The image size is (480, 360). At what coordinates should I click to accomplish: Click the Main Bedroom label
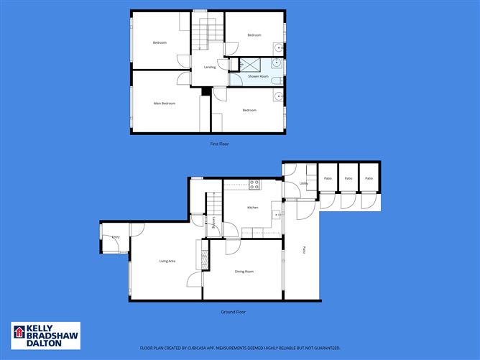165,103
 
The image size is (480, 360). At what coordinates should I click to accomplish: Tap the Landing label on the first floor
210,68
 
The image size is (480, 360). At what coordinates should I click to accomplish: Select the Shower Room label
258,76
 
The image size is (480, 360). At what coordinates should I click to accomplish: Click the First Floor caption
219,144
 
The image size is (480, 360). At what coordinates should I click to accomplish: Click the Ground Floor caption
233,312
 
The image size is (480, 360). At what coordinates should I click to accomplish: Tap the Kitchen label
252,208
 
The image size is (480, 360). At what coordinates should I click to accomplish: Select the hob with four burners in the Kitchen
254,184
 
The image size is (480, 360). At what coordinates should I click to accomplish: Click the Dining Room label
244,272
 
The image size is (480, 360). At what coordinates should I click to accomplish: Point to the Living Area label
167,261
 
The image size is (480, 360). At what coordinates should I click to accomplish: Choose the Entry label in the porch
115,236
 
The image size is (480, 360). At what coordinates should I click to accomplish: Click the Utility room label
294,185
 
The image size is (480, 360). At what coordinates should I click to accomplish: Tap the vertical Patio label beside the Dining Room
304,249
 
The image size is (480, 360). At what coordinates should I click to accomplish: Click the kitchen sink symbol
276,214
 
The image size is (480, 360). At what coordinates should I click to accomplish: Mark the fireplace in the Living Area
201,255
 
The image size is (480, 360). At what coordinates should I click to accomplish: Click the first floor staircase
203,36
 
